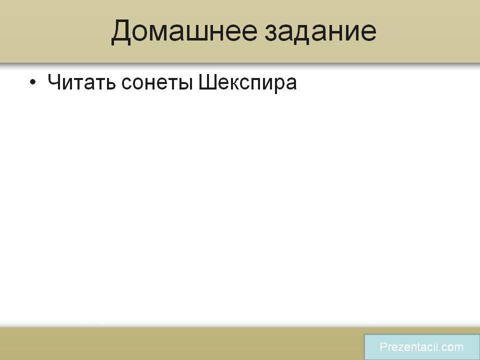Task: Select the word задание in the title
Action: pyautogui.click(x=320, y=32)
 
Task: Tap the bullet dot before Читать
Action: pyautogui.click(x=33, y=82)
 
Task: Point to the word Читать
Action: pyautogui.click(x=81, y=82)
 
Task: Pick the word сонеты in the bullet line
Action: pyautogui.click(x=157, y=83)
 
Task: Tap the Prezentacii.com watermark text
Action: pyautogui.click(x=421, y=347)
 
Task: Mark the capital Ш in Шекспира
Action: pyautogui.click(x=207, y=82)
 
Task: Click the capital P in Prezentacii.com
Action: pyautogui.click(x=383, y=347)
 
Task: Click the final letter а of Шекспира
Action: pyautogui.click(x=291, y=84)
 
